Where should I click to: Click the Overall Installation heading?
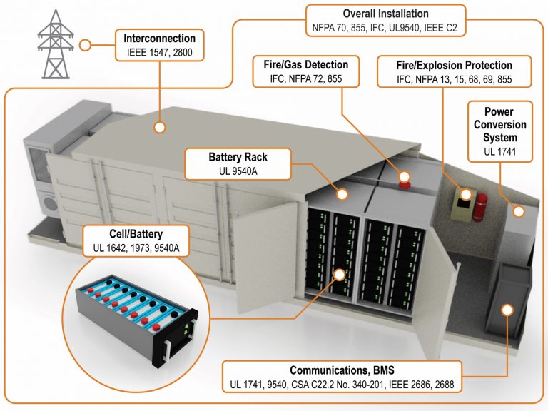(x=385, y=14)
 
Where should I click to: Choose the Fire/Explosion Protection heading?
(x=454, y=65)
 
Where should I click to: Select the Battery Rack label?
(x=238, y=156)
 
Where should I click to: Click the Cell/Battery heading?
(x=136, y=233)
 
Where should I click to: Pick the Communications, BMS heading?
(x=342, y=370)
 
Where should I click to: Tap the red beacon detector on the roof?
(x=405, y=177)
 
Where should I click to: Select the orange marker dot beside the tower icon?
(x=85, y=45)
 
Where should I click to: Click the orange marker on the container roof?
(x=159, y=128)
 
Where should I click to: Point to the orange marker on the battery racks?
(x=339, y=274)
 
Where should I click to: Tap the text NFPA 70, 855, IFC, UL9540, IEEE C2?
(x=385, y=27)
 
